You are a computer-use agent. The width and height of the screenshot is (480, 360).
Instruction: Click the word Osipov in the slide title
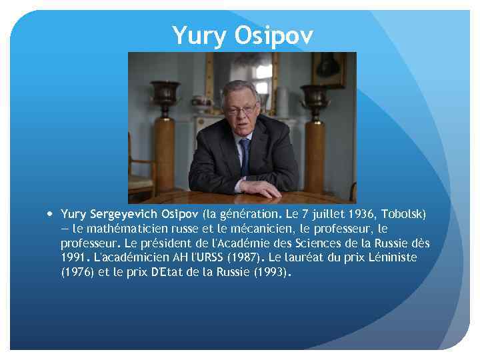pos(273,36)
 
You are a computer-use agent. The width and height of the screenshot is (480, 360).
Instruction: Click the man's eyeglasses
pos(241,109)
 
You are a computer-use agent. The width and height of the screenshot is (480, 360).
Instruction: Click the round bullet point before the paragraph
pos(51,214)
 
